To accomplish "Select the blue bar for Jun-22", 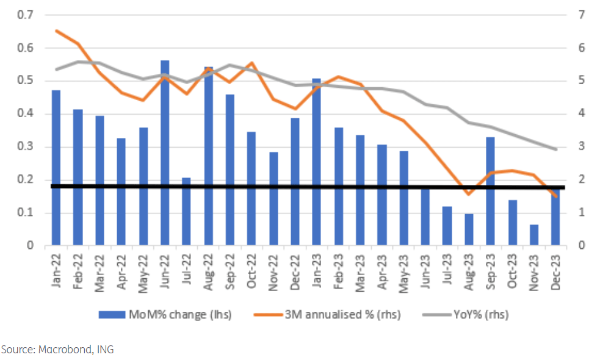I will coord(164,153).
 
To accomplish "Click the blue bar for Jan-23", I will coord(316,162).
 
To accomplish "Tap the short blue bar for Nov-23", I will coord(534,235).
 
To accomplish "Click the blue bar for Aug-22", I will coord(208,156).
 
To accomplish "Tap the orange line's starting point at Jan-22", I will coord(56,31).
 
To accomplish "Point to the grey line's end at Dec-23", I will coord(556,149).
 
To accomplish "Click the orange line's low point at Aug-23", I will coord(469,194).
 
